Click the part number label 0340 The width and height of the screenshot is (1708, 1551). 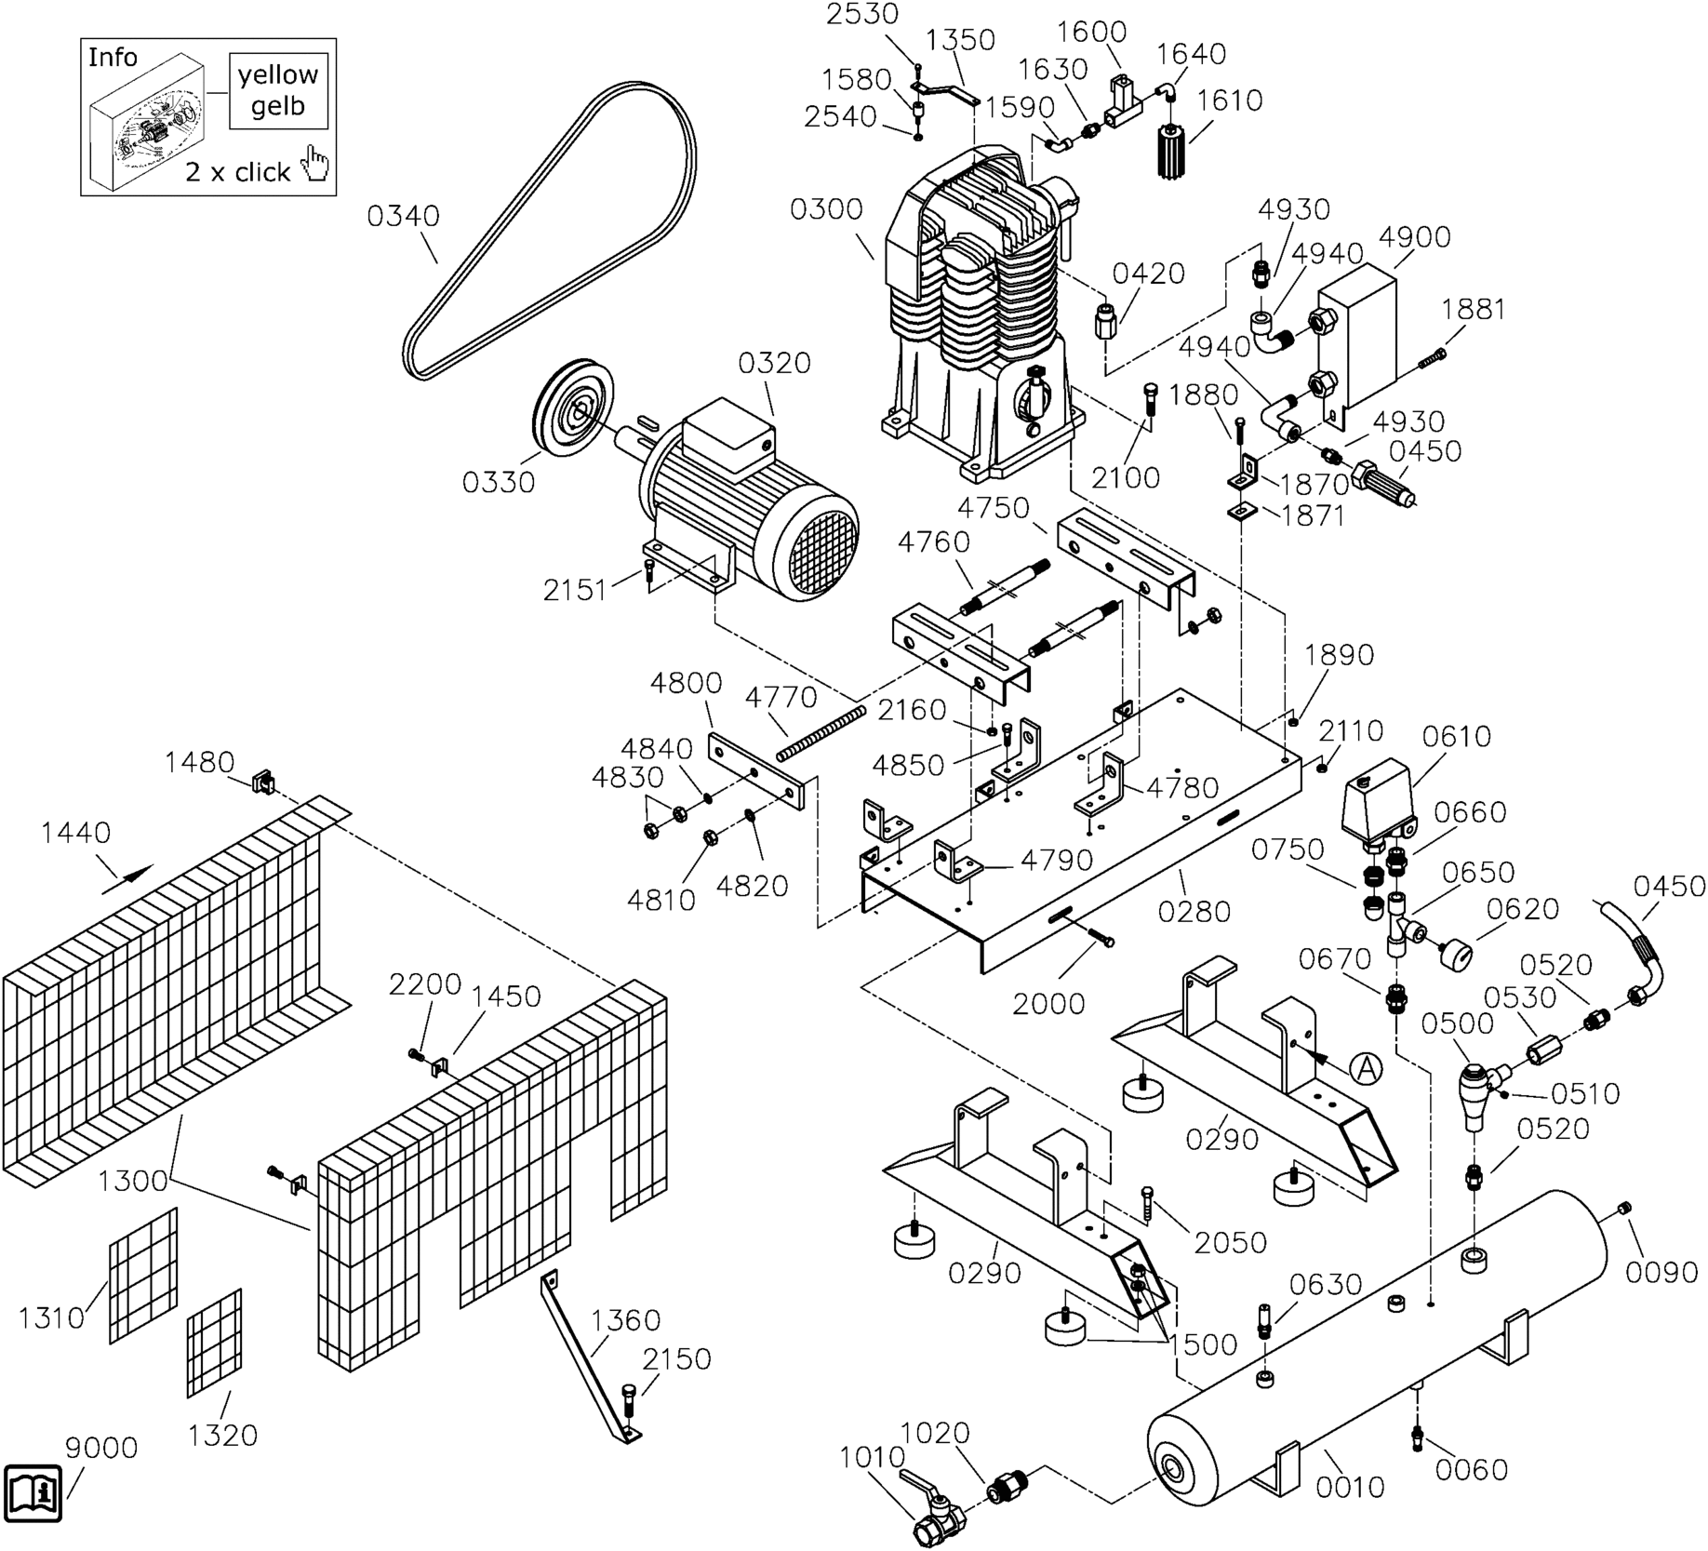coord(403,217)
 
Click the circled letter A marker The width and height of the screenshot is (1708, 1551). coord(1366,1068)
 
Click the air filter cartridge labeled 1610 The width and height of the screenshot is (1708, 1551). coord(1173,151)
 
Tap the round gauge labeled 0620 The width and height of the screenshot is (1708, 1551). coord(1457,955)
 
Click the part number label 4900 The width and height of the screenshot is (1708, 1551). coord(1414,237)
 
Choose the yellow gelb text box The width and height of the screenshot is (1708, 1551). coord(278,90)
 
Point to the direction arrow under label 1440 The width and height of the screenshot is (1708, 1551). coord(127,878)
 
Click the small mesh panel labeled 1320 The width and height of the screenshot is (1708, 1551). coord(214,1343)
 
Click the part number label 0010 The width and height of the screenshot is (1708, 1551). coord(1350,1488)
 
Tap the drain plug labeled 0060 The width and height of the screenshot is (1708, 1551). coord(1417,1437)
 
